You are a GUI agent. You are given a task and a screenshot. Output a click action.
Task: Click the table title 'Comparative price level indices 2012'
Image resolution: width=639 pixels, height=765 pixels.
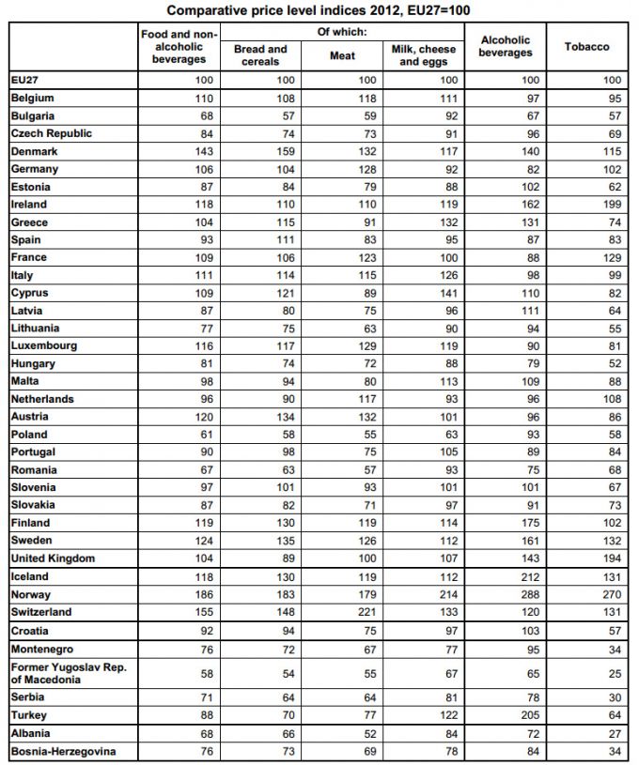pos(319,9)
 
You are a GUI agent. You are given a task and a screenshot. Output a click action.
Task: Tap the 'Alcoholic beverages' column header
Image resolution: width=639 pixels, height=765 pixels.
pos(505,46)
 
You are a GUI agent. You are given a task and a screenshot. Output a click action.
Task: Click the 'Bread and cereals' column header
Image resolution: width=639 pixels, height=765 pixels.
pos(260,55)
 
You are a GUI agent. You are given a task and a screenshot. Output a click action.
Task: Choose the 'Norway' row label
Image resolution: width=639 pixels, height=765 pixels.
pos(31,594)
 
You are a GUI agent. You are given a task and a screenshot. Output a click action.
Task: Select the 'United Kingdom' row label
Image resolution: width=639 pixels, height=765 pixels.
pos(53,558)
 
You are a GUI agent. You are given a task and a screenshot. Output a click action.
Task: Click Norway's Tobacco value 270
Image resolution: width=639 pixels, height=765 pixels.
pos(612,594)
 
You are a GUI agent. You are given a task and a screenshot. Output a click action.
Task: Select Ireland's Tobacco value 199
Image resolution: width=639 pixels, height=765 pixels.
pos(612,204)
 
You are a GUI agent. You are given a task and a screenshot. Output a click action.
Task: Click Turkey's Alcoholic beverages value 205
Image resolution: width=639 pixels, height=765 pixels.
pos(531,715)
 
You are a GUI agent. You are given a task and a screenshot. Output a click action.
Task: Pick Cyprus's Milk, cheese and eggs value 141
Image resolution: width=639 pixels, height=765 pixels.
pos(449,293)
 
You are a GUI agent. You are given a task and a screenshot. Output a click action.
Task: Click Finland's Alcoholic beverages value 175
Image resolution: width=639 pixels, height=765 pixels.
pos(531,523)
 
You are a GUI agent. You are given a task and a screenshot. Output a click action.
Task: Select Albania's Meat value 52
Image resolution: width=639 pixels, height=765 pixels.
pos(368,733)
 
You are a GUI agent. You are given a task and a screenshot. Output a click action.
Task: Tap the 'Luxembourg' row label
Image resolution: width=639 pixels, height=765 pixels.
pos(44,345)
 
